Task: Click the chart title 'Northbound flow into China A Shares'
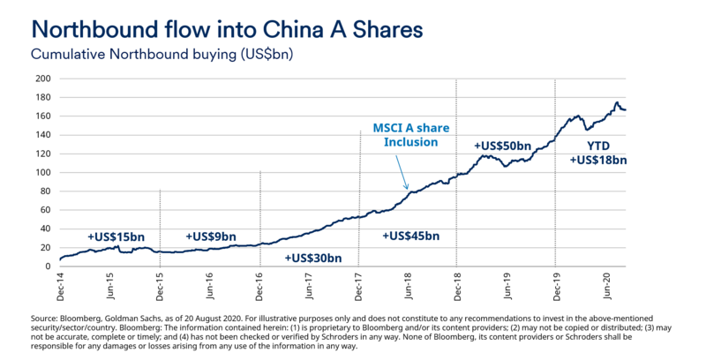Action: [227, 28]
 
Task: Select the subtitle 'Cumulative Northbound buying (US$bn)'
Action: [161, 54]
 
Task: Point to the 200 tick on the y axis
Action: [42, 79]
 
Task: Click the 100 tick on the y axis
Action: [42, 173]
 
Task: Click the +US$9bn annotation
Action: [211, 237]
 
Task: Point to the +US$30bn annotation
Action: [312, 258]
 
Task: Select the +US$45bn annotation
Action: [410, 236]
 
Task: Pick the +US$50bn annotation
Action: [503, 145]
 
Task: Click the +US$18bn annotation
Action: [597, 161]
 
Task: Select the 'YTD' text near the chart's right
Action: [597, 145]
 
